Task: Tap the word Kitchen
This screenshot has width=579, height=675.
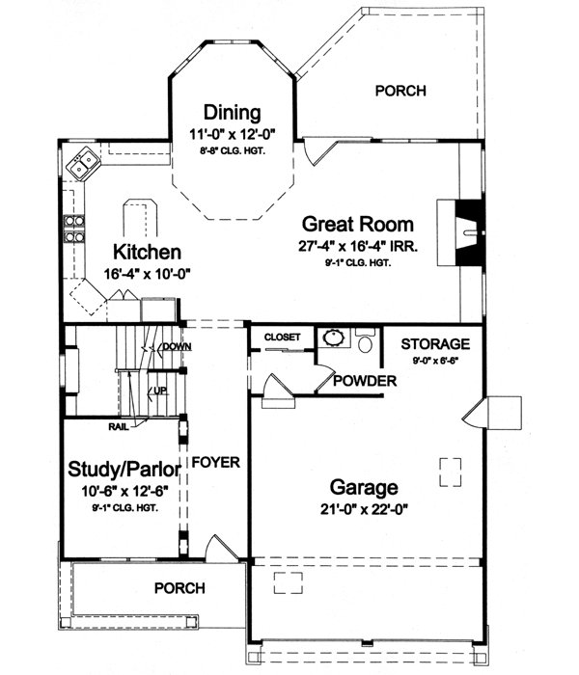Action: point(147,253)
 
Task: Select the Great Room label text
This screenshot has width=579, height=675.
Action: point(358,220)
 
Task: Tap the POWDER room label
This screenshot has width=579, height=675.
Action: point(365,382)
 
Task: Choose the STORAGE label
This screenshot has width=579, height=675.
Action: point(435,343)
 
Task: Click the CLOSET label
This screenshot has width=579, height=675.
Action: point(284,337)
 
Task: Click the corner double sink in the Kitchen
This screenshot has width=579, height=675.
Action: point(82,162)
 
